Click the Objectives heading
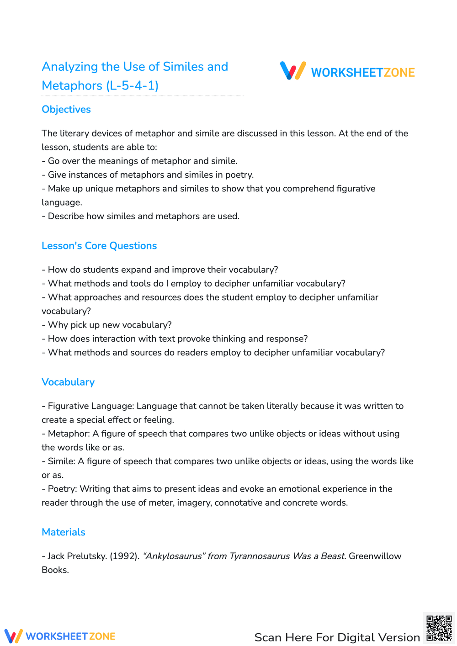pos(66,110)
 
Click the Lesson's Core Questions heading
pos(99,246)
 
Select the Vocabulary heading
pos(68,382)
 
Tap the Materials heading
pos(64,532)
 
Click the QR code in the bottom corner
pos(439,628)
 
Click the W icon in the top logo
pos(293,71)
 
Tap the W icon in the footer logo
pos(13,636)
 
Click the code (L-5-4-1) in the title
pos(132,86)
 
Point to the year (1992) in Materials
pos(124,556)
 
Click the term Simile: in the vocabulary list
pos(62,461)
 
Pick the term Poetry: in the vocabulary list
pos(63,489)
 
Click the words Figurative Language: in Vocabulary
pos(91,406)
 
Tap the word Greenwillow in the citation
pos(375,556)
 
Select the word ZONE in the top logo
pos(399,73)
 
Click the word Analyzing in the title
pos(70,67)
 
